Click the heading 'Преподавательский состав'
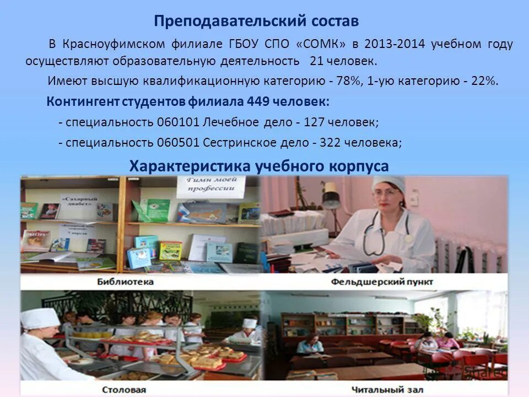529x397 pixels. [x=256, y=21]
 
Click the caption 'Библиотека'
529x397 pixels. [x=125, y=282]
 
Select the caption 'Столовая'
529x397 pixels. [x=126, y=389]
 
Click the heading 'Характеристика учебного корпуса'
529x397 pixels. [x=259, y=166]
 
